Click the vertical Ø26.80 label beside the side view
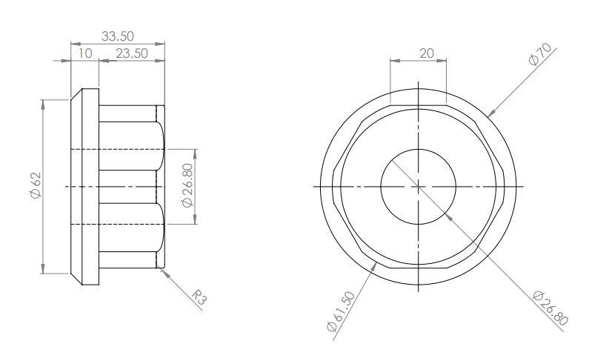pos(187,186)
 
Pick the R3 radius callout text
pos(199,298)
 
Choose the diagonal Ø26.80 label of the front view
pos(550,308)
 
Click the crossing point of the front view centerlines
pos(418,186)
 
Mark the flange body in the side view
pos(84,185)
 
